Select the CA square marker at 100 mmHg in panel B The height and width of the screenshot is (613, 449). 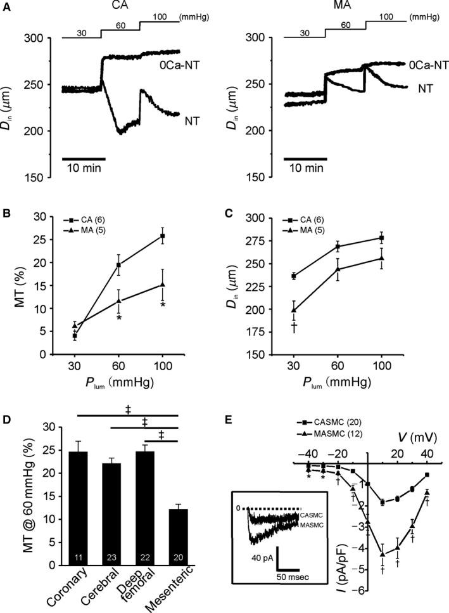pos(163,236)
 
